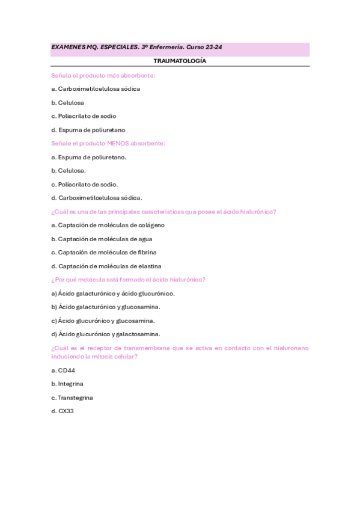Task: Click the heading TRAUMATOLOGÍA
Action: [x=180, y=61]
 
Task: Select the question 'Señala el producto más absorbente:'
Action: [x=103, y=75]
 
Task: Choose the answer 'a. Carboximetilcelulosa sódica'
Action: [x=96, y=89]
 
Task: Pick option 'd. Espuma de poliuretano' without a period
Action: [x=88, y=130]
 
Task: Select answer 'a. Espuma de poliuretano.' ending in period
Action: [x=89, y=157]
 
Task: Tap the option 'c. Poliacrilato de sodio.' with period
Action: [x=84, y=184]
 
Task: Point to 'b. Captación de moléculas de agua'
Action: [x=98, y=239]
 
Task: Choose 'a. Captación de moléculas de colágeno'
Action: [x=108, y=225]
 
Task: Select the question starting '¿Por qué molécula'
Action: [x=129, y=280]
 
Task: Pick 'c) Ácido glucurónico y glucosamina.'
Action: [x=103, y=321]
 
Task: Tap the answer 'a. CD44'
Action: [x=63, y=370]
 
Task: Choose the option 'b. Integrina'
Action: [x=67, y=384]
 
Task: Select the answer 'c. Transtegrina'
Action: [x=72, y=398]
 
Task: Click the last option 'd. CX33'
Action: [x=63, y=411]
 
